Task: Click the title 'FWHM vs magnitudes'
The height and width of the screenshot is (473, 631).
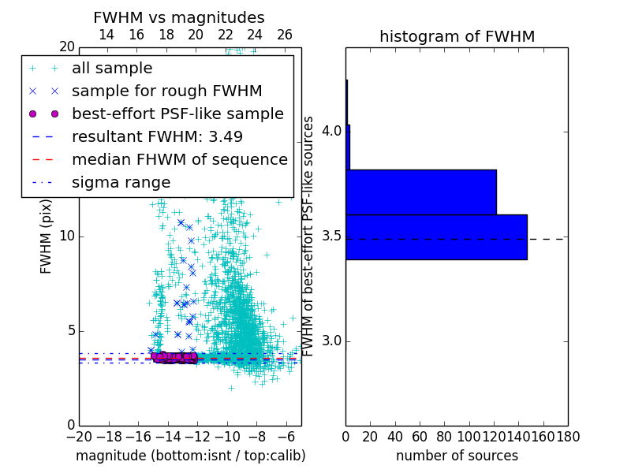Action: pos(179,17)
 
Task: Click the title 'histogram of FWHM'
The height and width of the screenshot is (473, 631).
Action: pos(457,36)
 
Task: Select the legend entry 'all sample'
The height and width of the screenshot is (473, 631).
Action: pos(112,69)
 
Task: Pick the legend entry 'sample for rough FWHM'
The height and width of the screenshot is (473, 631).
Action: pos(166,91)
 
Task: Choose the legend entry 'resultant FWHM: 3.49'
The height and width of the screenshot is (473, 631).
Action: pos(157,136)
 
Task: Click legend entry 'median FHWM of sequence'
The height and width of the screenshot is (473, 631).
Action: pos(179,159)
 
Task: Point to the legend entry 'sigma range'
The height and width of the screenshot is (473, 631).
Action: pos(121,182)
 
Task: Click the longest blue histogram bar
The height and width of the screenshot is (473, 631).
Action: pos(436,236)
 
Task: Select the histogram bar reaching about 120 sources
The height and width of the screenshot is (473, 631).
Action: pos(421,192)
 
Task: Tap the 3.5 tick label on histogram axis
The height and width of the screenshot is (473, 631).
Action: pos(331,236)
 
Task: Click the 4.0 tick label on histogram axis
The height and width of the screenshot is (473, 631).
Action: pos(331,131)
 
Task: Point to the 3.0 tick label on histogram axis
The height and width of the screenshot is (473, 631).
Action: pos(331,341)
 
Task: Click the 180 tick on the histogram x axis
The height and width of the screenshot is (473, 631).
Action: pos(568,436)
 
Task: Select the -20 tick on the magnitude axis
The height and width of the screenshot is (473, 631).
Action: pos(79,436)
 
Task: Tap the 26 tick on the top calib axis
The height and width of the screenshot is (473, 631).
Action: pos(285,35)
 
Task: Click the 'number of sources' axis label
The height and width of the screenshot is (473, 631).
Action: pos(457,456)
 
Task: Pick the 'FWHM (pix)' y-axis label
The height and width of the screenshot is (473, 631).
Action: pos(47,235)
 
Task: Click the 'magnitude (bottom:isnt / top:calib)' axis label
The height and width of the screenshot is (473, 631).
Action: pos(191,456)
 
